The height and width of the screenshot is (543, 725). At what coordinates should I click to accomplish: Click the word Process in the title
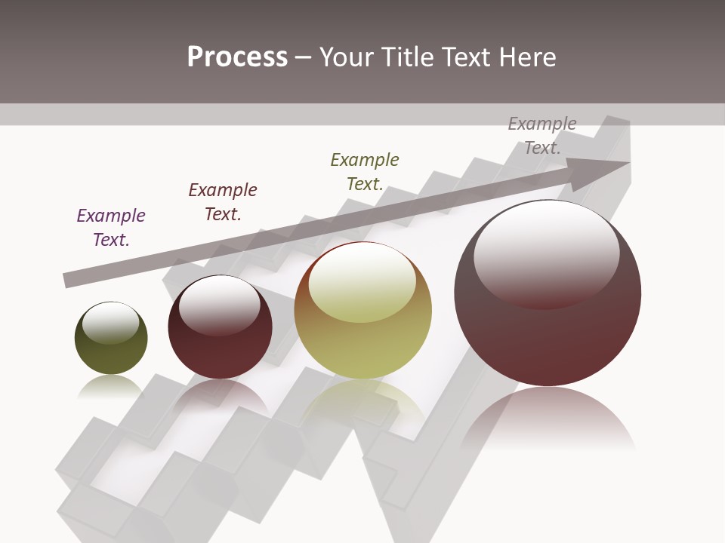point(237,57)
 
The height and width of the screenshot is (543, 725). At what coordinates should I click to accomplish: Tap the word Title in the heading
point(408,57)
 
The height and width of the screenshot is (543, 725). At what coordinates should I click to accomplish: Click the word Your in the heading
point(347,57)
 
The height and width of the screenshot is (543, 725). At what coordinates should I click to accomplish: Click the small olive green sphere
point(111,339)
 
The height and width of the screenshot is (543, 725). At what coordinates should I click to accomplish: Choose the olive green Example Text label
point(365,172)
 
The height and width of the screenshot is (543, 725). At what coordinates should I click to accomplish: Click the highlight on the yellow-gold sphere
point(362,281)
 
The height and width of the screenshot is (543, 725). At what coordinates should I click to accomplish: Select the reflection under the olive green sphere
point(110,386)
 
